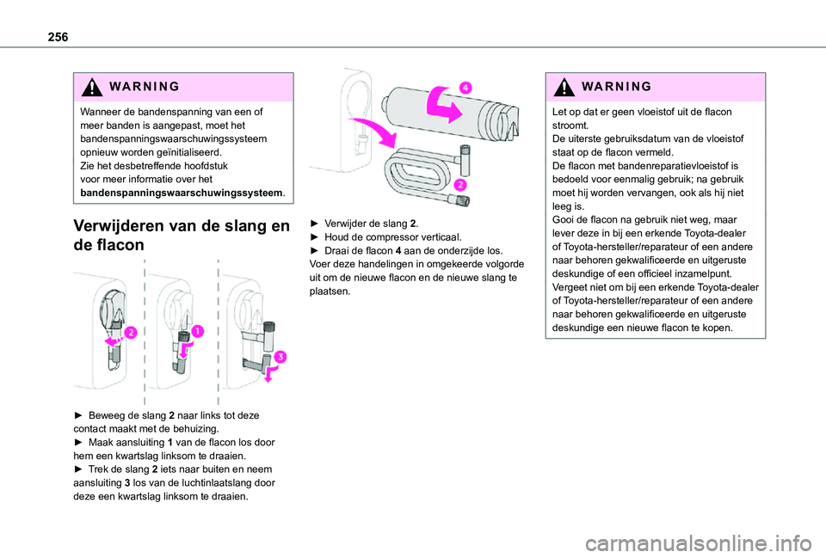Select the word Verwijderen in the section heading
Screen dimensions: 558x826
[125, 227]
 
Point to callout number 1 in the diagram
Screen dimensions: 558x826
[198, 331]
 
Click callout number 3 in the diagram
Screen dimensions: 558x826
[280, 357]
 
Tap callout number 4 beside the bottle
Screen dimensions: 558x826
[464, 87]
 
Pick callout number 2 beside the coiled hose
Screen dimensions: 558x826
[459, 185]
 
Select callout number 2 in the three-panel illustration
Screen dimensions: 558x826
[131, 332]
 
